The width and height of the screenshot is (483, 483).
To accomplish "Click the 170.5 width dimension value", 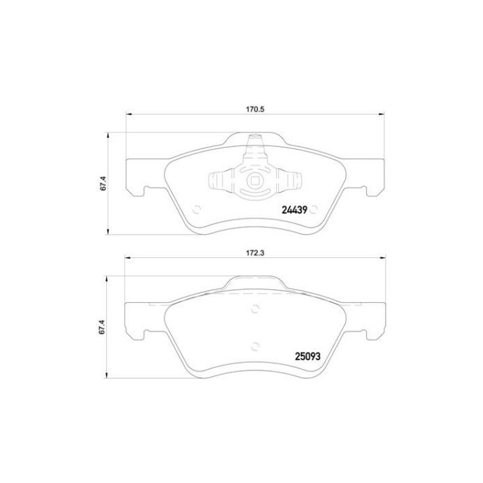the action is point(255,109).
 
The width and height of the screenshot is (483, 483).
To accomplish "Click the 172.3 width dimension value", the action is point(255,253).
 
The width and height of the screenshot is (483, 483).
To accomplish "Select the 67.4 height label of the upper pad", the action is point(103,183).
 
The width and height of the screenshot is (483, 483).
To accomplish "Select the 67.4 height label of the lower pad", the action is point(103,327).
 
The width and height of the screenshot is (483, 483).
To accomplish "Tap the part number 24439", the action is point(295,210).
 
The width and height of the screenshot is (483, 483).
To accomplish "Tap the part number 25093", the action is point(308,357).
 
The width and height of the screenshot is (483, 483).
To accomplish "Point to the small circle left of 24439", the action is point(197,210).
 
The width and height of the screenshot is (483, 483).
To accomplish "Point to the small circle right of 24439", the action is point(313,210).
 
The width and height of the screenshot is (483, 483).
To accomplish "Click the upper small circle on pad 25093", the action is point(255,308).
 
